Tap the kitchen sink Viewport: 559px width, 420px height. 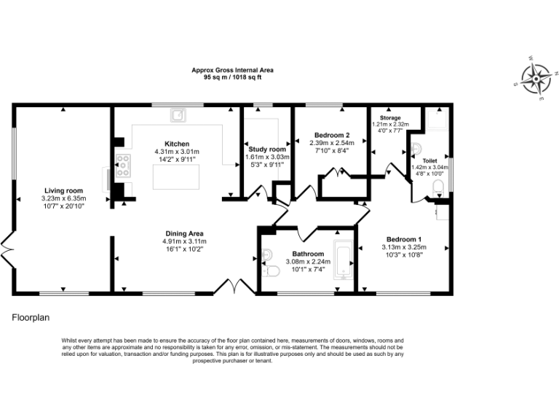click(178, 114)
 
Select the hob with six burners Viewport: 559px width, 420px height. click(122, 166)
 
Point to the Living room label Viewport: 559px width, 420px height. click(63, 190)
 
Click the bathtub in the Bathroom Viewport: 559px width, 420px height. click(343, 260)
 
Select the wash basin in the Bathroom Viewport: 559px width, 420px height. click(266, 254)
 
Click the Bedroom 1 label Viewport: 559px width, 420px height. click(403, 239)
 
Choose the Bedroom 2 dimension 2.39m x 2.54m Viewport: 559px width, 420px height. click(332, 143)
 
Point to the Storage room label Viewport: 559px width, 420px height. click(390, 117)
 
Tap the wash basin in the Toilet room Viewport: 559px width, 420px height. click(416, 149)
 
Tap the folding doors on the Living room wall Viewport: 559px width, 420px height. click(7, 251)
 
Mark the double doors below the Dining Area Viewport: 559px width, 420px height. click(234, 286)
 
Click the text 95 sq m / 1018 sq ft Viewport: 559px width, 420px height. click(232, 77)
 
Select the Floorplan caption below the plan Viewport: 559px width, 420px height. click(30, 318)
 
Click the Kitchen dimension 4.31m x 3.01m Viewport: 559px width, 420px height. click(177, 151)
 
